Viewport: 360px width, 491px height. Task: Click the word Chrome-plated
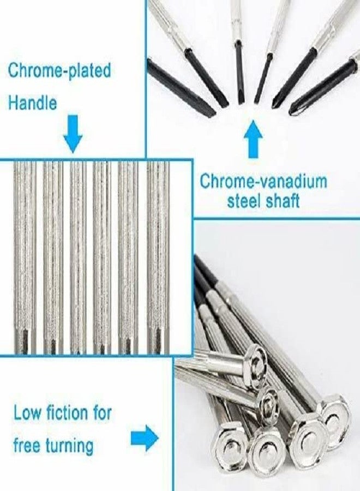(59, 71)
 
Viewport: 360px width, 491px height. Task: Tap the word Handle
(33, 103)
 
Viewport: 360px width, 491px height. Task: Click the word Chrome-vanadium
(263, 181)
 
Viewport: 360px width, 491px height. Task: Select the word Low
(27, 414)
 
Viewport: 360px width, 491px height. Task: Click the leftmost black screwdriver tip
(181, 87)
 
